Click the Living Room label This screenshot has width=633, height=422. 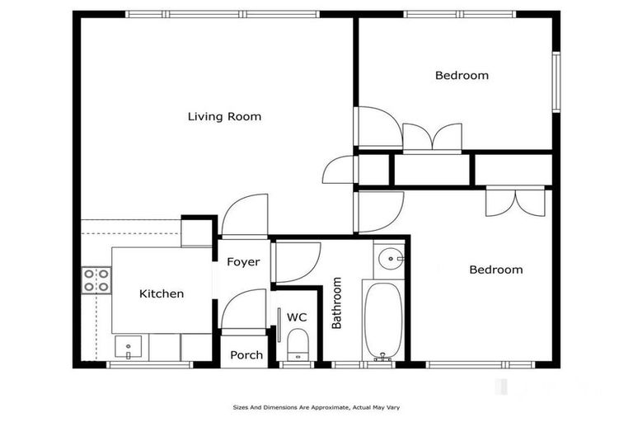[x=224, y=116]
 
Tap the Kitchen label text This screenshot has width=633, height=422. [x=161, y=293]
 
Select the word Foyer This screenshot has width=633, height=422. [x=243, y=262]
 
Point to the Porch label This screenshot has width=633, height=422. [x=246, y=355]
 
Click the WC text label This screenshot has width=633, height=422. [x=296, y=316]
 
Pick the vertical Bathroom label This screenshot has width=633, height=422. [x=336, y=302]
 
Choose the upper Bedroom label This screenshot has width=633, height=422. [x=462, y=75]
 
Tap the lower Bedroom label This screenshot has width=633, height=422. [x=495, y=270]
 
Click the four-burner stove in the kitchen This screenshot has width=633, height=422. [x=96, y=280]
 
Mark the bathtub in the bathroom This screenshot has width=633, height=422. [x=382, y=321]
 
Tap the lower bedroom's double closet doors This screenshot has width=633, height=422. [x=515, y=201]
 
